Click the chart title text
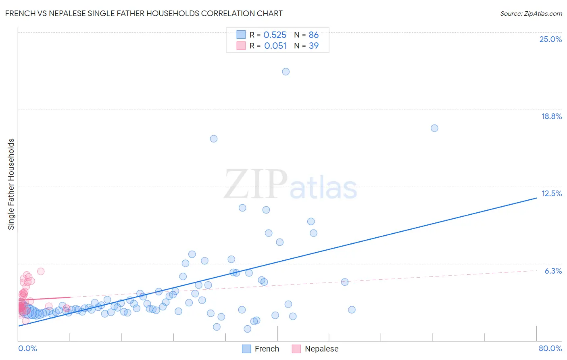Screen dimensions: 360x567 144,13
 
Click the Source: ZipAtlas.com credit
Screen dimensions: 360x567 531,13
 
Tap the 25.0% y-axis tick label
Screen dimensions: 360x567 550,39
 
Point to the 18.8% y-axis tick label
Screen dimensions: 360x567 551,116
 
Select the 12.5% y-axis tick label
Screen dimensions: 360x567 551,193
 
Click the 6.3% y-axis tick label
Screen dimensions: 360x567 553,271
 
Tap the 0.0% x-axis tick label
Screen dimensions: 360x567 27,348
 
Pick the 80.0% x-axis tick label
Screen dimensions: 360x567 550,348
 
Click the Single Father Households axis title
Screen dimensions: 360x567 11,184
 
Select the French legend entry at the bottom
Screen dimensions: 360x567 261,349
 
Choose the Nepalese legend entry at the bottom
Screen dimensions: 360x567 315,349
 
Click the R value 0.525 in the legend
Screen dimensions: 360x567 275,35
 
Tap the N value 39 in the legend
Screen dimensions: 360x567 313,46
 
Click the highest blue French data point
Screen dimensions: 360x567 286,71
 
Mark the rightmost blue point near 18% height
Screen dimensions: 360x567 434,128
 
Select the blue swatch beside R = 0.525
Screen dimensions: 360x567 241,35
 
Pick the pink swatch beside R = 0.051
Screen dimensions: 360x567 241,46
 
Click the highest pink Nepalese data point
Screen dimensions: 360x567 41,271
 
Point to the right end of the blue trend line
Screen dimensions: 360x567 536,198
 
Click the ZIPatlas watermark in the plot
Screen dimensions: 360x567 290,185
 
